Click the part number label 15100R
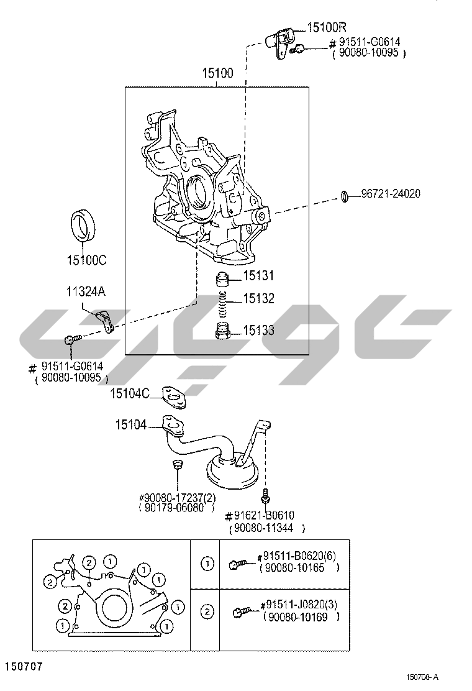[x=327, y=27]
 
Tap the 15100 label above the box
[x=217, y=73]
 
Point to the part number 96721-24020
[x=391, y=193]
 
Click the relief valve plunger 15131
[x=223, y=280]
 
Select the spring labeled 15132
[x=223, y=304]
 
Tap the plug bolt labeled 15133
[x=223, y=331]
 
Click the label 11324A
[x=86, y=291]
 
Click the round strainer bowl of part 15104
[x=232, y=474]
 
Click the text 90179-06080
[x=175, y=508]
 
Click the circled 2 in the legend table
[x=207, y=611]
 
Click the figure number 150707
[x=24, y=666]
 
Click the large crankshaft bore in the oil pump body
[x=197, y=193]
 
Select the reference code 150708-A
[x=422, y=677]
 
